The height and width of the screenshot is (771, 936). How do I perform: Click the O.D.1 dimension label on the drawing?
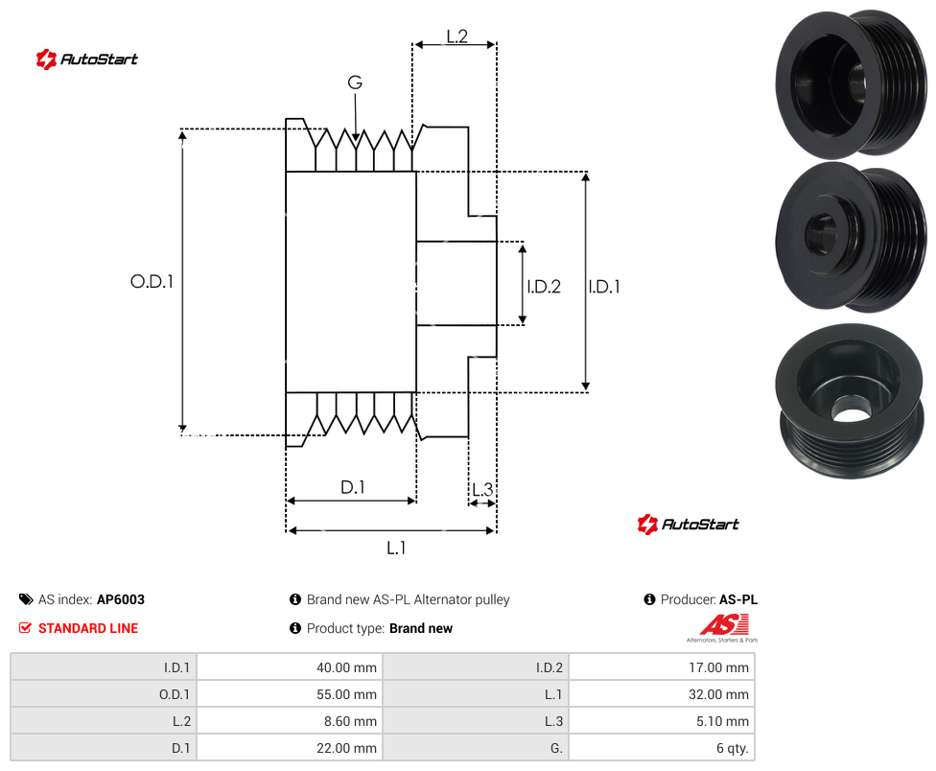click(x=152, y=281)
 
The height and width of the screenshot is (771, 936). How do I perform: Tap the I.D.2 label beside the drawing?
click(x=544, y=287)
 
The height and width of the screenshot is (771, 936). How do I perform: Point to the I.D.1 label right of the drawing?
click(x=604, y=287)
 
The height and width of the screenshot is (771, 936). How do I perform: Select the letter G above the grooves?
click(x=355, y=82)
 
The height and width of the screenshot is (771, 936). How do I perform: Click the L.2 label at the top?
click(x=456, y=36)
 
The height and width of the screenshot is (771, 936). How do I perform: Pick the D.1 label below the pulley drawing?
click(x=352, y=487)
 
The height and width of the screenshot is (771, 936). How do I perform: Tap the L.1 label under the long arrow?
click(x=396, y=548)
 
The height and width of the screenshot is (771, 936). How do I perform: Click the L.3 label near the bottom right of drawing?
click(x=482, y=489)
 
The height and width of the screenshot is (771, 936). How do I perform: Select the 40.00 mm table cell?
click(x=290, y=667)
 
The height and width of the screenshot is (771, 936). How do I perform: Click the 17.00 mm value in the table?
click(x=718, y=667)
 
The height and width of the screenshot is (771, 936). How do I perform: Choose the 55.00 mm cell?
click(x=290, y=694)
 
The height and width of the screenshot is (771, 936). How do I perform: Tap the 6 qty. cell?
click(x=662, y=748)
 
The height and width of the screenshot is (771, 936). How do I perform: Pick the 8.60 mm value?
click(x=350, y=721)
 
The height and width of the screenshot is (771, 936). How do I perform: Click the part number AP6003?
click(x=121, y=599)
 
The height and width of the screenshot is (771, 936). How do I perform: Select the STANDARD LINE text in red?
click(x=88, y=628)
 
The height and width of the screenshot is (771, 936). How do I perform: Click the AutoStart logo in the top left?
click(x=87, y=59)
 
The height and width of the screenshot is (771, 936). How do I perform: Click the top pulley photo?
click(x=851, y=83)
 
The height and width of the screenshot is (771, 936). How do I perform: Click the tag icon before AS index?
click(x=26, y=599)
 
